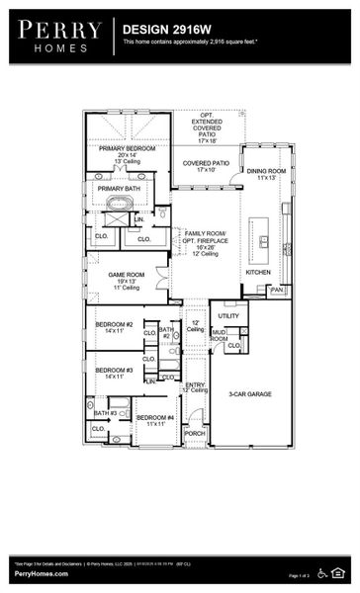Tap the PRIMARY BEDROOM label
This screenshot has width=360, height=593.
tap(127, 149)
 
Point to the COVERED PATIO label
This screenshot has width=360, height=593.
tap(206, 164)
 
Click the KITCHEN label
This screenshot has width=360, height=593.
tap(258, 272)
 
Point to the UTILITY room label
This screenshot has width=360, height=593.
tap(228, 316)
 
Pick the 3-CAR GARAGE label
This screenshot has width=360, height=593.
tap(249, 393)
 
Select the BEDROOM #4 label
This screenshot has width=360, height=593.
tap(154, 417)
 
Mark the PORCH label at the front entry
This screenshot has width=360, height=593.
tap(195, 433)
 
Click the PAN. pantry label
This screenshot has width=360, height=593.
tap(277, 290)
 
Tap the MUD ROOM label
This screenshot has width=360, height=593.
tap(219, 335)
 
